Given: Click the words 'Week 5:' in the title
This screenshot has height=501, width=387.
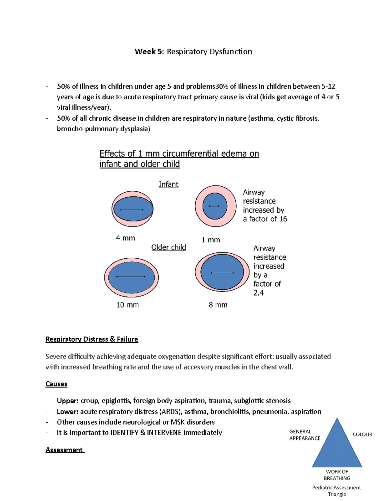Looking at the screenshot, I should (149, 52).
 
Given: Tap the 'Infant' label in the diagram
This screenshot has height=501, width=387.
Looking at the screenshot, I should (168, 184).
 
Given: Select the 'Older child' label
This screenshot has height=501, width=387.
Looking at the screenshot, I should (168, 247).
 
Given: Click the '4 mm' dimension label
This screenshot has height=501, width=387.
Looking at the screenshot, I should (125, 238).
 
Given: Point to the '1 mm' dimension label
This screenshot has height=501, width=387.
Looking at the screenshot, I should (211, 240).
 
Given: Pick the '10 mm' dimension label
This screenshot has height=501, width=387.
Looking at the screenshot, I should (127, 305).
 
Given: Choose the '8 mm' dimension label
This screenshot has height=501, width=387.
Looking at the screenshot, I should (218, 305).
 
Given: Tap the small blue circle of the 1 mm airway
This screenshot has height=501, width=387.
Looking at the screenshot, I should (214, 206).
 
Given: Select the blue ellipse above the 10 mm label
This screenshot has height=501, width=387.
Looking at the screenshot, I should (131, 277).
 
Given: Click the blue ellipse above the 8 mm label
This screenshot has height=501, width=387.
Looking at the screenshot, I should (222, 272).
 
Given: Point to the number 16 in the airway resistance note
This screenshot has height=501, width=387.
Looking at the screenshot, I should (283, 219).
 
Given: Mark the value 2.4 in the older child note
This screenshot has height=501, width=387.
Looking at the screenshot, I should (258, 293).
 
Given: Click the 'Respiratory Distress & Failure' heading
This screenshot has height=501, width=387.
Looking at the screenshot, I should (92, 339).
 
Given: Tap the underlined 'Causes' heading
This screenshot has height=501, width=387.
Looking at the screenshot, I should (56, 384).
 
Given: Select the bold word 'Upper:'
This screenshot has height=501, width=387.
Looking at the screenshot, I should (67, 401).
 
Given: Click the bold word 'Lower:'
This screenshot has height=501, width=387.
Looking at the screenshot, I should (67, 412).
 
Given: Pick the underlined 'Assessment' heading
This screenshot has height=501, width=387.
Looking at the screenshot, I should (64, 450).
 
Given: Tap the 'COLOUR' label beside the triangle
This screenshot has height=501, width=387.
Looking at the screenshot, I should (362, 435).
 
